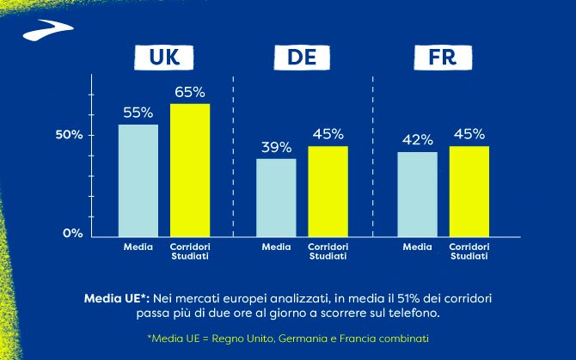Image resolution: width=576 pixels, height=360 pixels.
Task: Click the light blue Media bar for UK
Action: point(138,180)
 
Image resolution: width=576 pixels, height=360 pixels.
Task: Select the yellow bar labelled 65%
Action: point(190,169)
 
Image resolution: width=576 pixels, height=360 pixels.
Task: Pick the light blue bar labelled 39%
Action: point(276,196)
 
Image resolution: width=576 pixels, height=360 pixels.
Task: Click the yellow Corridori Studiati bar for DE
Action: point(328,190)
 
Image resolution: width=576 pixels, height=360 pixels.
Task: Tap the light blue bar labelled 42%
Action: point(417,192)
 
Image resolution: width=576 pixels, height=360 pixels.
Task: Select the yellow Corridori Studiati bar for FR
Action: point(469,190)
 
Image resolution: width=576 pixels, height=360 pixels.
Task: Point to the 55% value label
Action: point(138,113)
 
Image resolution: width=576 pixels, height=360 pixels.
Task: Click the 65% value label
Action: point(190,91)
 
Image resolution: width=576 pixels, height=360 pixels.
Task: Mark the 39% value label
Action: point(276,147)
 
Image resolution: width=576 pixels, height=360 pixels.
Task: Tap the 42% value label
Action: point(417,140)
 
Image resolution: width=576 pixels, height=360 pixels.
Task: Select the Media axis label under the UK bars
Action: point(138,247)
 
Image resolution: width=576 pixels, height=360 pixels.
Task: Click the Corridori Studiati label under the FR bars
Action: point(469,251)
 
